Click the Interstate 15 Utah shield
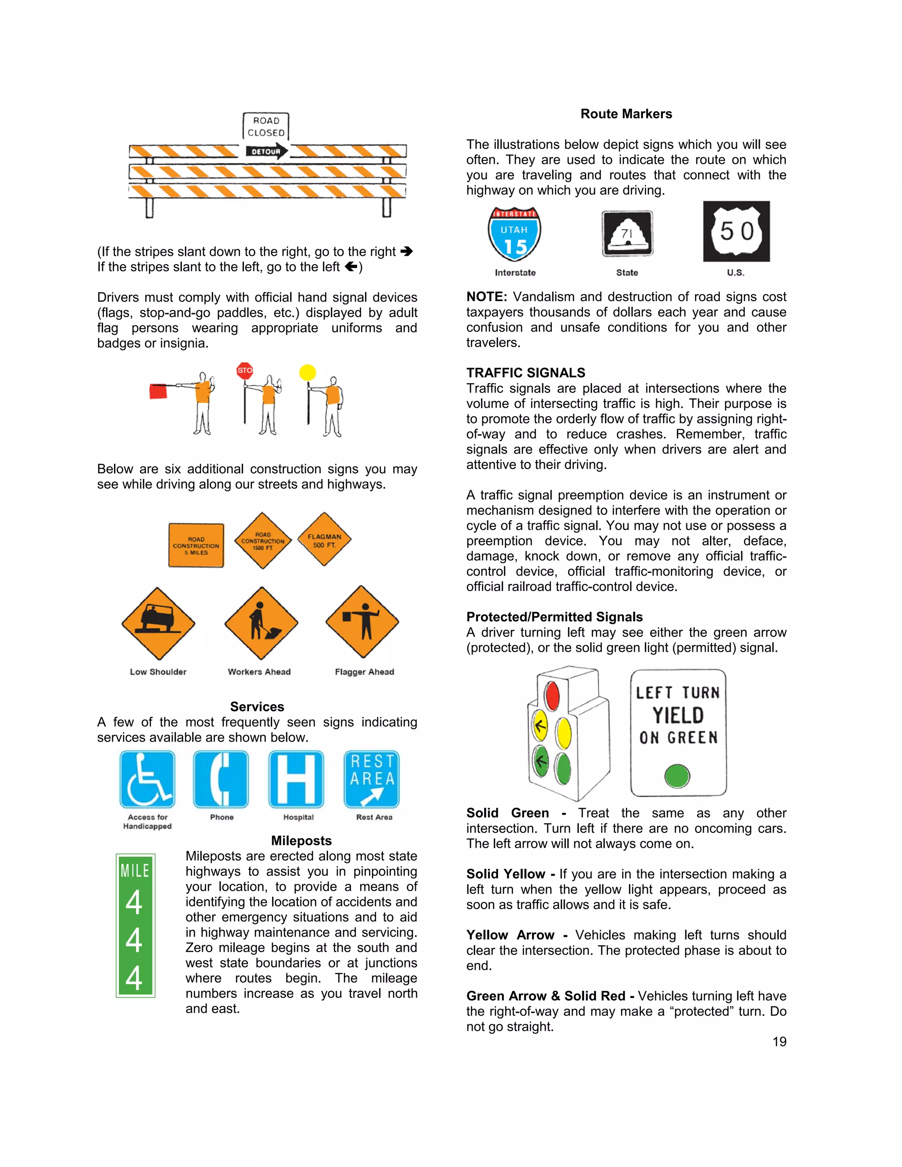tap(514, 234)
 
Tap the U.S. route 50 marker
tap(736, 231)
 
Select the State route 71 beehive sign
tap(627, 234)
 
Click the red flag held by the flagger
tap(158, 391)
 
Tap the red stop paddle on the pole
tap(245, 370)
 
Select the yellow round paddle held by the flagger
tap(307, 372)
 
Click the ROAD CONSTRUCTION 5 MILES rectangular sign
tap(196, 546)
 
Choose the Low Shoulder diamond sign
tap(158, 623)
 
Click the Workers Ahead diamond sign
tap(261, 623)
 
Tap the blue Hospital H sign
tap(296, 779)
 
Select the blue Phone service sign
tap(221, 779)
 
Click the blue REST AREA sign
tap(372, 779)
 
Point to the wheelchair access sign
tap(148, 779)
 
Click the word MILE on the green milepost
tap(135, 871)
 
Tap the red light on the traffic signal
tap(552, 695)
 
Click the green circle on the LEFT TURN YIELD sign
tap(677, 776)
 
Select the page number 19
tap(779, 1041)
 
